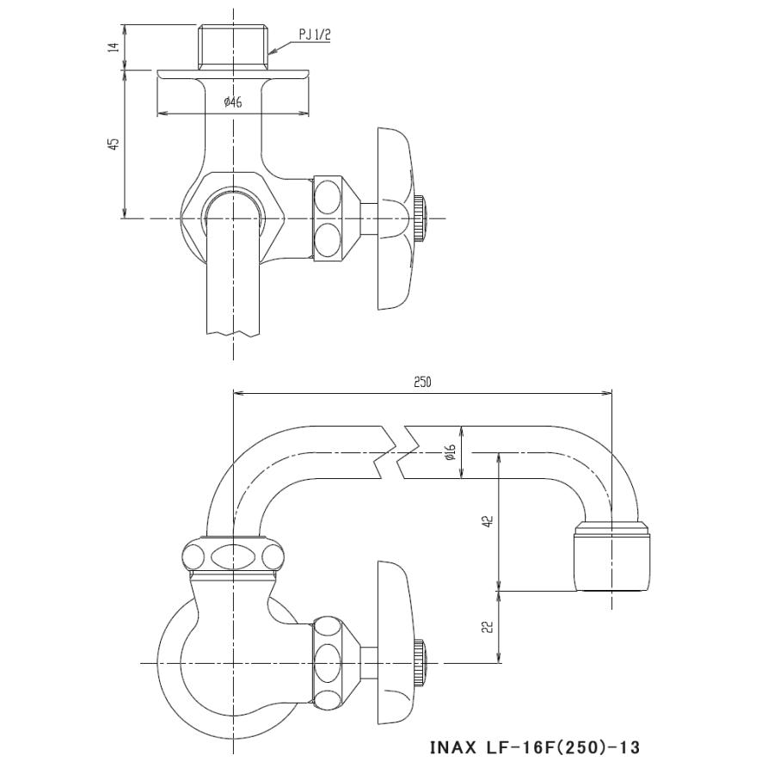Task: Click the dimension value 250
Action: click(421, 383)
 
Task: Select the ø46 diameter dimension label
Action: click(232, 103)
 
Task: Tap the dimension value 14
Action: click(113, 47)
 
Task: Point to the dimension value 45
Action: click(113, 144)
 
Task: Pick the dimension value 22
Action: click(488, 628)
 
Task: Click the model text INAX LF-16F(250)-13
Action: click(534, 746)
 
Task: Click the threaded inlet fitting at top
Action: click(233, 47)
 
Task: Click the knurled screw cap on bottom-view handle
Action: click(419, 662)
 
